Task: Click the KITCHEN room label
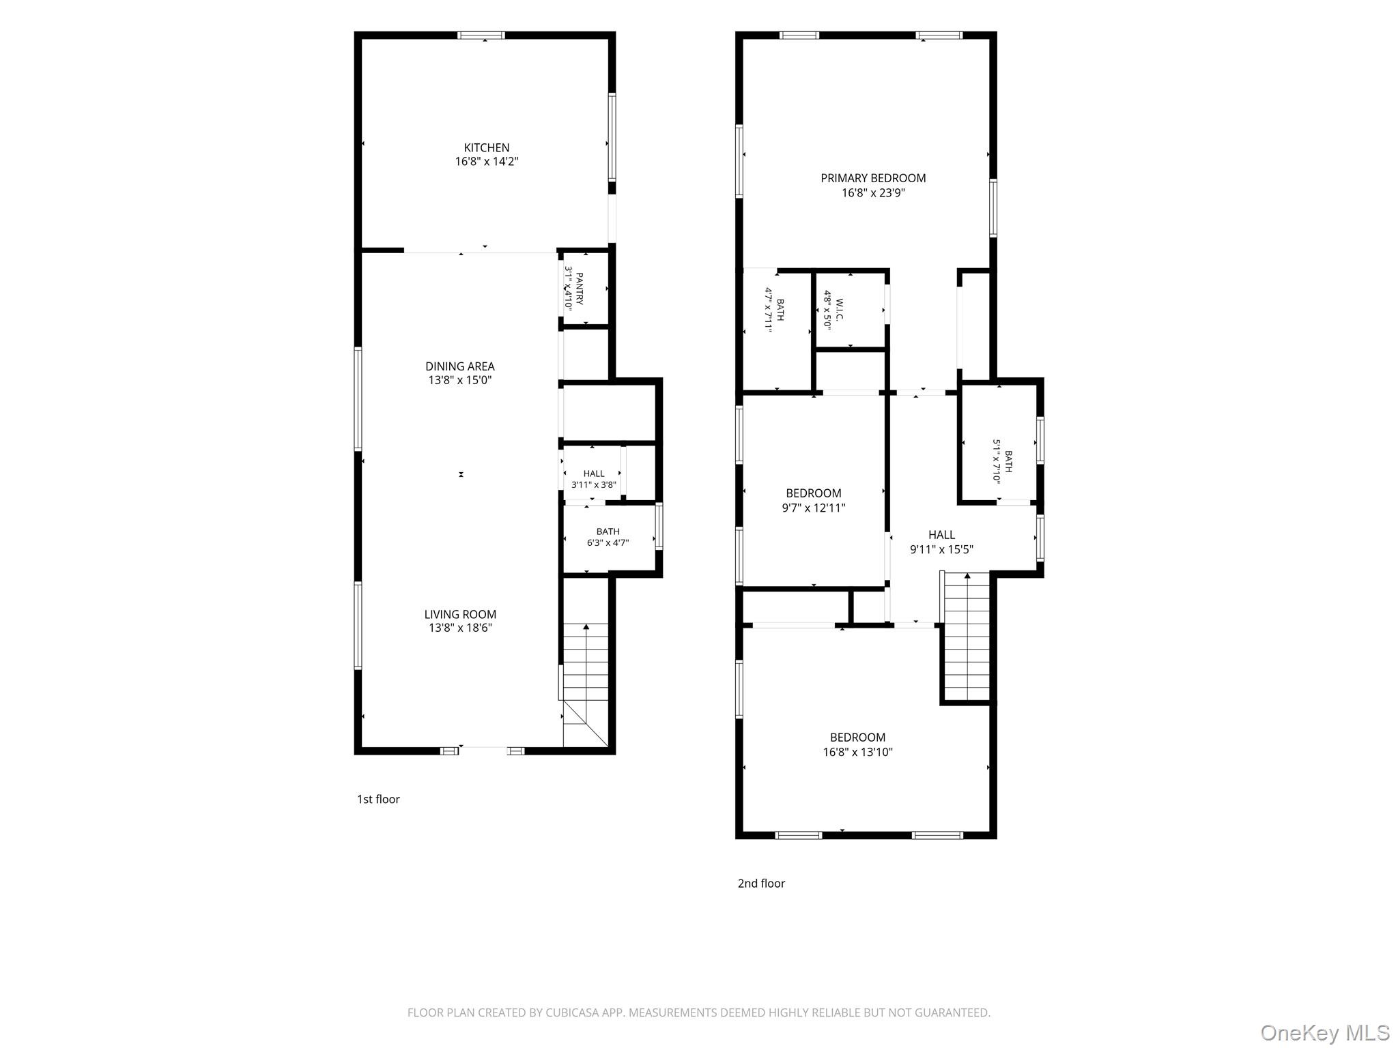click(x=487, y=147)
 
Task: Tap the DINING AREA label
click(x=460, y=366)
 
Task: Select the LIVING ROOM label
click(x=460, y=614)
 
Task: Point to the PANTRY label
click(x=580, y=289)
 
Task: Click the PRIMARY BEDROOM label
click(x=873, y=178)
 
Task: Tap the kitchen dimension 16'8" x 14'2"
click(x=487, y=162)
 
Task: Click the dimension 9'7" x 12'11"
click(x=814, y=508)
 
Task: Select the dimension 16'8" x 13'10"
click(x=858, y=752)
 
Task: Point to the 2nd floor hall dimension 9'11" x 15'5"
click(x=941, y=549)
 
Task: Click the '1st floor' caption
click(x=378, y=799)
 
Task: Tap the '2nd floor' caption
click(x=761, y=883)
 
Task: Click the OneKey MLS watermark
click(x=1325, y=1032)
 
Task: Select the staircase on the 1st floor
click(x=585, y=684)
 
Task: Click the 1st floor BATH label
click(x=608, y=532)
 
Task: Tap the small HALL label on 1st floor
click(x=594, y=474)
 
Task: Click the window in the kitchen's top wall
click(x=481, y=35)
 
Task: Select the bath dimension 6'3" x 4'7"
click(x=608, y=543)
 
